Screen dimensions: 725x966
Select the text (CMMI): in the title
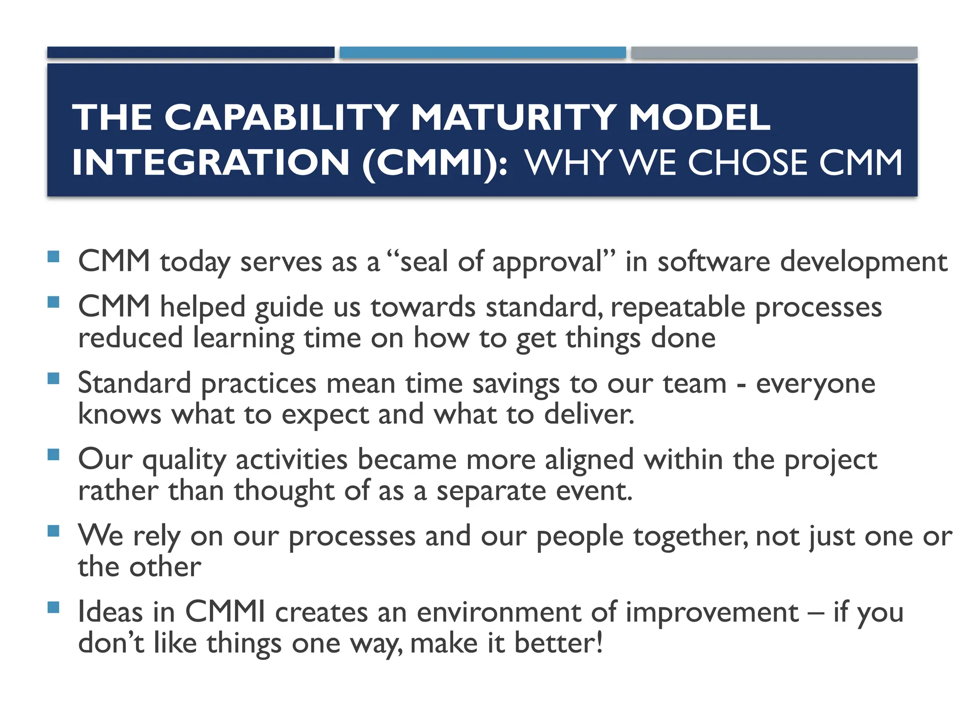click(435, 162)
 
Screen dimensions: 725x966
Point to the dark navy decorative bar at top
click(191, 52)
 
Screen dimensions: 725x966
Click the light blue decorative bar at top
click(483, 52)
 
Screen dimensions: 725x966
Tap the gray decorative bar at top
click(774, 52)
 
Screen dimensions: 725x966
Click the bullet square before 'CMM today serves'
click(54, 257)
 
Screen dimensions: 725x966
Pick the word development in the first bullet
click(863, 261)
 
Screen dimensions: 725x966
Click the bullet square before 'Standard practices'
click(54, 378)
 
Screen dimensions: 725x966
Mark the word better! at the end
click(558, 643)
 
